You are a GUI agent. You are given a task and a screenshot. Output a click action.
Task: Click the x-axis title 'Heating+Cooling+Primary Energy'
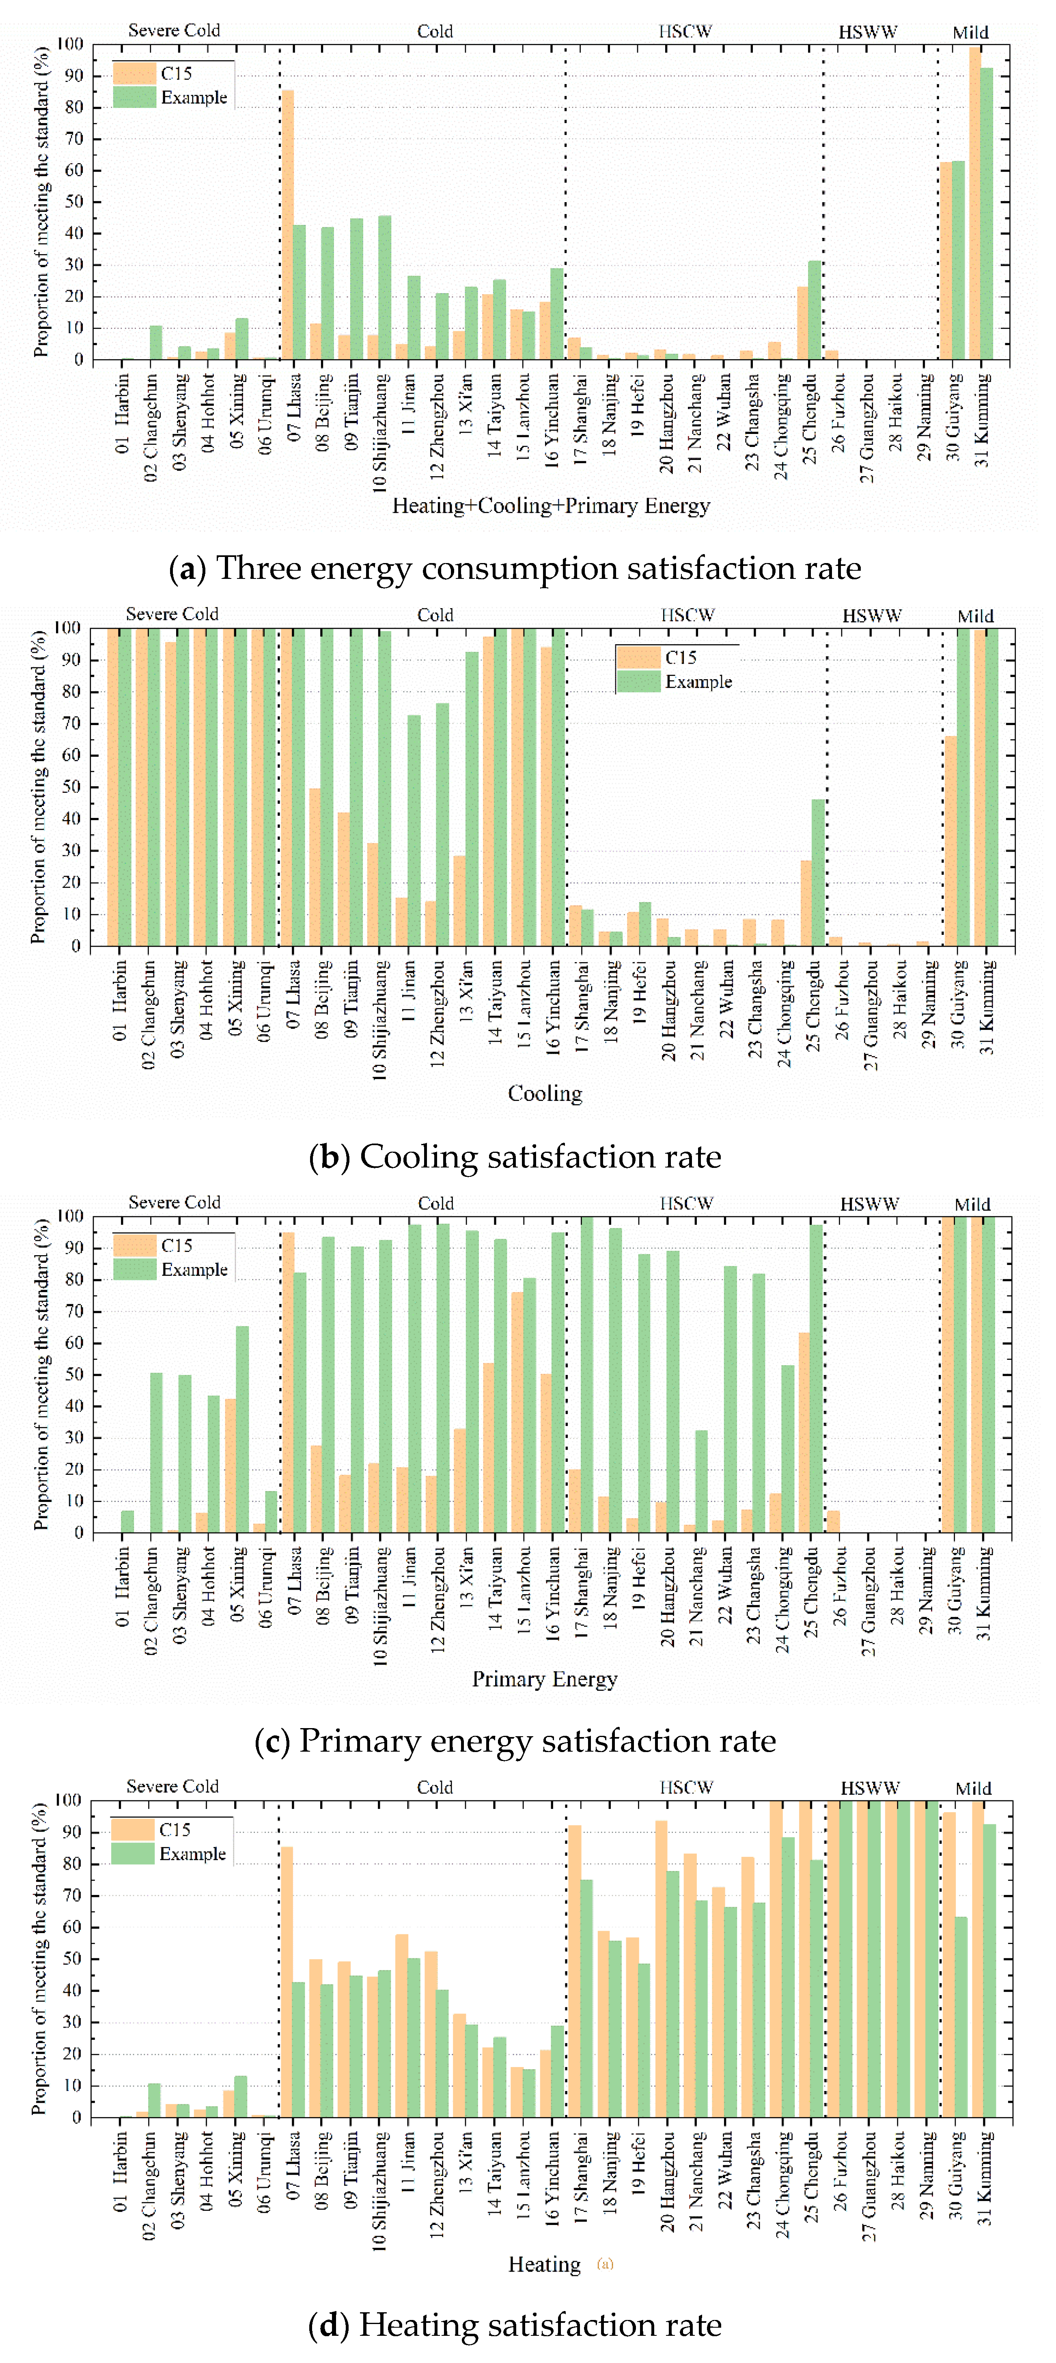(x=550, y=505)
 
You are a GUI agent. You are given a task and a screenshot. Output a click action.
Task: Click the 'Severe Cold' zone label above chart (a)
(x=175, y=30)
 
